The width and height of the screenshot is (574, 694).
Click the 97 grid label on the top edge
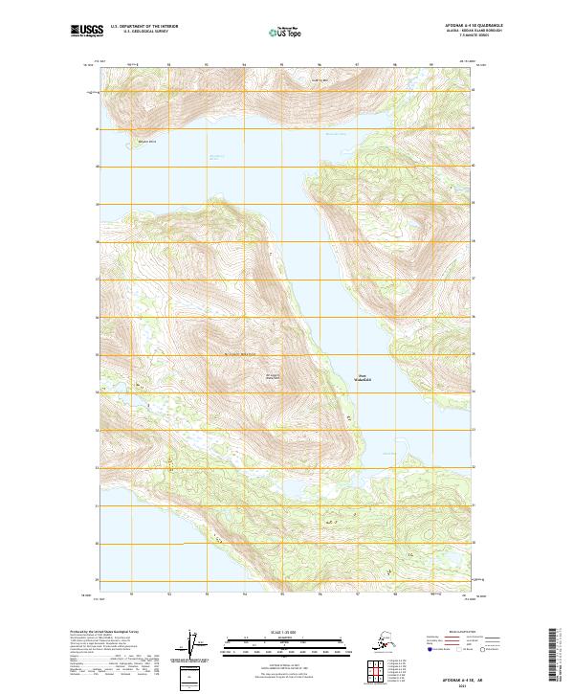pos(357,65)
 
